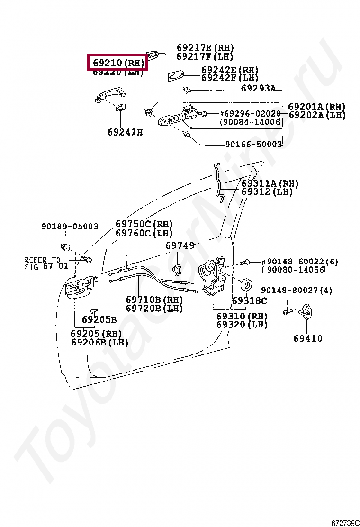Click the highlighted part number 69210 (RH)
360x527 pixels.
point(117,62)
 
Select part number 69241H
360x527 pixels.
point(125,132)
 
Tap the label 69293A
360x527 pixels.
point(258,88)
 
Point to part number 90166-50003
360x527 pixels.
point(253,144)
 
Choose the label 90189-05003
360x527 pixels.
point(70,227)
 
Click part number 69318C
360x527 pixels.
point(249,300)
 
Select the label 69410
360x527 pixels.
point(307,338)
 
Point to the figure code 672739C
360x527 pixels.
point(345,522)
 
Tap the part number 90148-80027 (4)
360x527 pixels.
point(297,290)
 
